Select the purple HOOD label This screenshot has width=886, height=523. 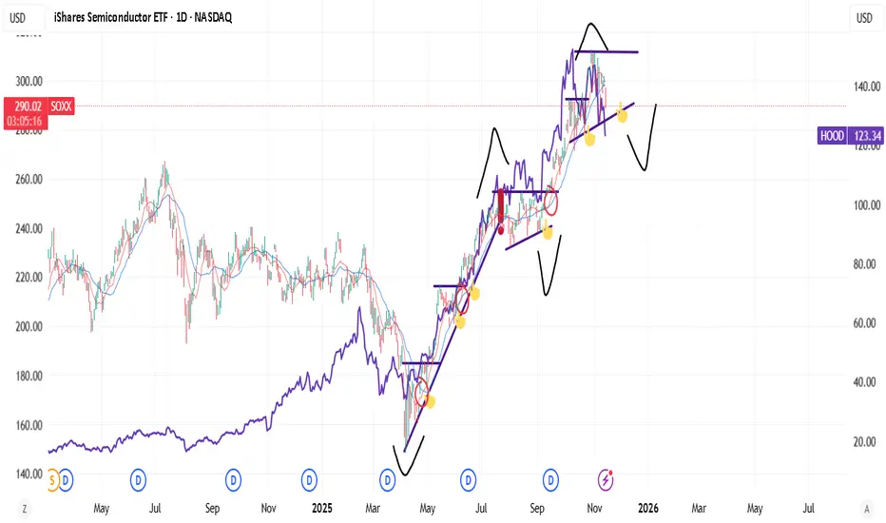point(831,137)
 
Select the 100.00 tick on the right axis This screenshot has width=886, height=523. point(866,205)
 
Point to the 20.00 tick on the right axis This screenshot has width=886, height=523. point(864,442)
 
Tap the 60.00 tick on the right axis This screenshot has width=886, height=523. point(864,323)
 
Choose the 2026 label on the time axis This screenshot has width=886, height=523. point(646,509)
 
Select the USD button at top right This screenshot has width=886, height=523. point(864,18)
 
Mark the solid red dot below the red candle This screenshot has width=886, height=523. point(501,229)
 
